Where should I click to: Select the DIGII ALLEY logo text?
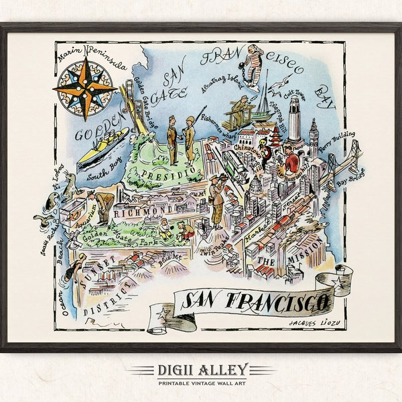click(x=200, y=368)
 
